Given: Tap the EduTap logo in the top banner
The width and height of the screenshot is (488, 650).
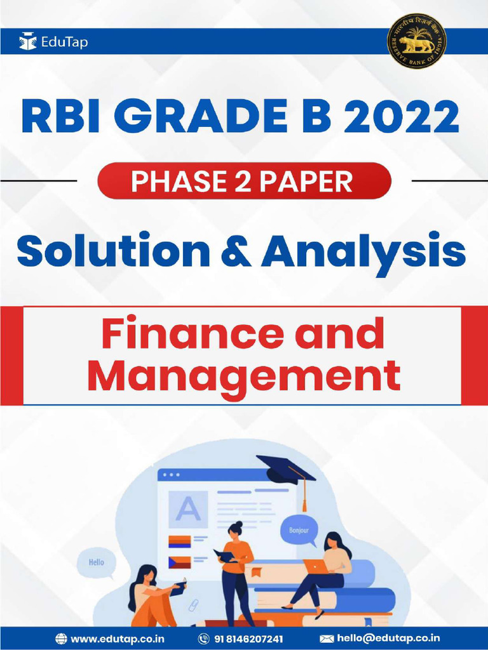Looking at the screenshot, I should (54, 43).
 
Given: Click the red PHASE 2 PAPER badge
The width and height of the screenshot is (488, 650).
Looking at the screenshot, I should (244, 182).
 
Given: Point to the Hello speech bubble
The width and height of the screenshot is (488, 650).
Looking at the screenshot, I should (96, 562).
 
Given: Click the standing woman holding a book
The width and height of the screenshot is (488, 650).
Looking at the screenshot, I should (236, 571).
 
